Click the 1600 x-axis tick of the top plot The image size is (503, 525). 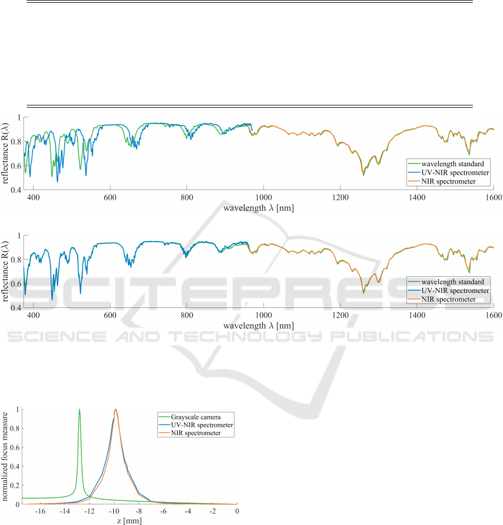pos(493,198)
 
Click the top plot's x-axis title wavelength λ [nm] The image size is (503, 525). pos(259,208)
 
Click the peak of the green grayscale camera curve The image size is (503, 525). pos(79,409)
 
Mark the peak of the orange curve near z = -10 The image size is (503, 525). pos(116,409)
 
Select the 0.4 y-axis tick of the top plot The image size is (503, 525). pos(16,190)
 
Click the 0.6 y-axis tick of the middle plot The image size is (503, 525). pos(16,284)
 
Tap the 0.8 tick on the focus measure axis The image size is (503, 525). pos(15,428)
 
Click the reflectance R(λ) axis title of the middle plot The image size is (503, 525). pos(7,271)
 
